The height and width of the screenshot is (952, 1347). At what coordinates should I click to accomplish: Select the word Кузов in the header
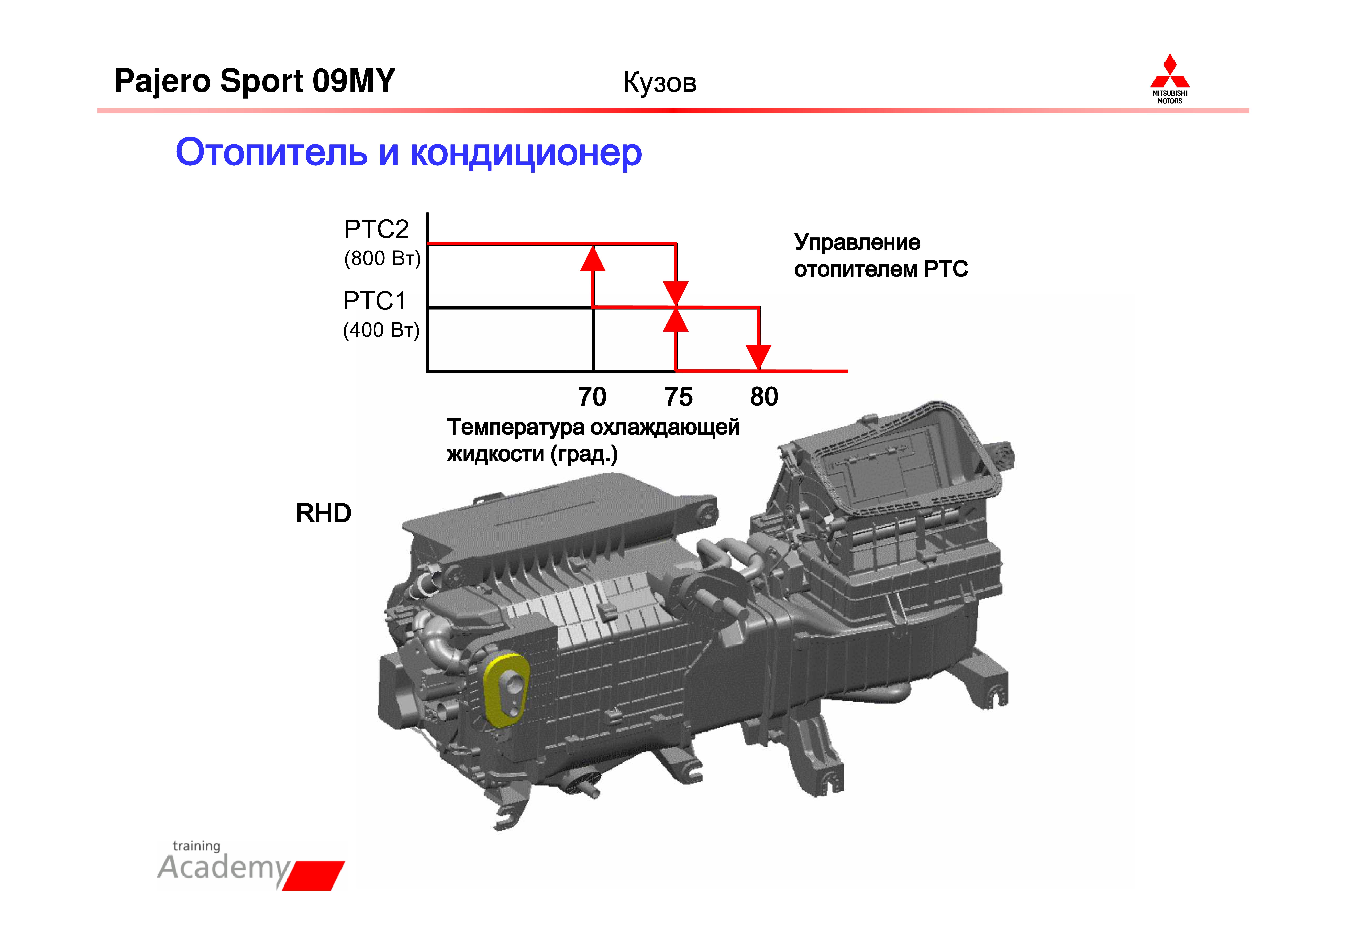(659, 83)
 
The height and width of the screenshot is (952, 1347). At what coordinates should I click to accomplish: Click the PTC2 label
(376, 229)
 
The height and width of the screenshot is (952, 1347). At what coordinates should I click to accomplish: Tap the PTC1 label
(374, 301)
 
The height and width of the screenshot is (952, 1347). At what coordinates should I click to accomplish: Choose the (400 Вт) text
(381, 330)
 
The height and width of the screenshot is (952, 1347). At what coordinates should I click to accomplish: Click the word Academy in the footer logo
(223, 868)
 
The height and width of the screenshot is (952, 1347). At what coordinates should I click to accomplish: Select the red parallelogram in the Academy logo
(314, 875)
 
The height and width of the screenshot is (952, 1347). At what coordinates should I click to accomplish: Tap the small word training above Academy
(197, 846)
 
